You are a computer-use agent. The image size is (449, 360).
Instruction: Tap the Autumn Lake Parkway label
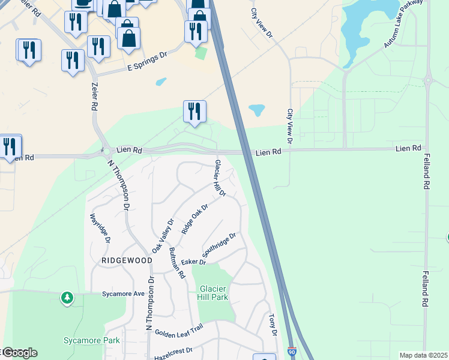405,26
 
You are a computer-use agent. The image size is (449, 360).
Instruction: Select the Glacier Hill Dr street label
220,178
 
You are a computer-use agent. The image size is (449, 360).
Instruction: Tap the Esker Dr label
193,262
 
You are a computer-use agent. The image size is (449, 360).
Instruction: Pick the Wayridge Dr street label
100,228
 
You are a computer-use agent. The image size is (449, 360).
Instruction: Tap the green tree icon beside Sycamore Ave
68,297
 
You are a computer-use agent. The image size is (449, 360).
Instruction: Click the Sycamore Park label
92,340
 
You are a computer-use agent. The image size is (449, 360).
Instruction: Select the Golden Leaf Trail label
179,330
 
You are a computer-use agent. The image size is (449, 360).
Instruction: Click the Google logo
20,353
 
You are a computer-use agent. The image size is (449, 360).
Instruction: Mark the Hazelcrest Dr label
173,350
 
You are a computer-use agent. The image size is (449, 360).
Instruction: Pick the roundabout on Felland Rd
429,79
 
